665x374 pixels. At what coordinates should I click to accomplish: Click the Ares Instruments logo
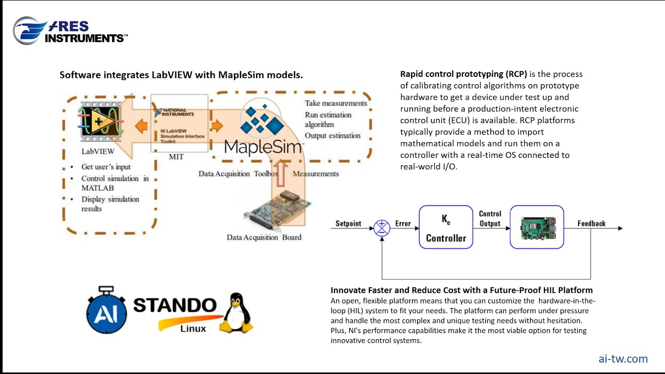tap(70, 31)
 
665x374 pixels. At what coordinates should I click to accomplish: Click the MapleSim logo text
tap(263, 147)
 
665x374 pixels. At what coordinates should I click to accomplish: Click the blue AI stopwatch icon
tap(107, 311)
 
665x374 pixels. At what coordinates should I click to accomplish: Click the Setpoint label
tap(348, 223)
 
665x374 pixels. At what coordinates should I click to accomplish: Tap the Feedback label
tap(591, 223)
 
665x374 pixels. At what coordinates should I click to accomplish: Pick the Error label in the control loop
tap(403, 223)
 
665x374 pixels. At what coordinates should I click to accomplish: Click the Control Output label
tap(490, 219)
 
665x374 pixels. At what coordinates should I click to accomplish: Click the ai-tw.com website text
tap(623, 358)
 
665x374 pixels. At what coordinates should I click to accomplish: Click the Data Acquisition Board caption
tap(264, 237)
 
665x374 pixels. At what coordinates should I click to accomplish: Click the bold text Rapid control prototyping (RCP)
tap(463, 74)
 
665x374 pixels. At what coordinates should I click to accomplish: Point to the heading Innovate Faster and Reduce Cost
tap(461, 290)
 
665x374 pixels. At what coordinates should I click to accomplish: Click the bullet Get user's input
tap(106, 167)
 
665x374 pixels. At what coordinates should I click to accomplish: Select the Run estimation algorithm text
tap(328, 119)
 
